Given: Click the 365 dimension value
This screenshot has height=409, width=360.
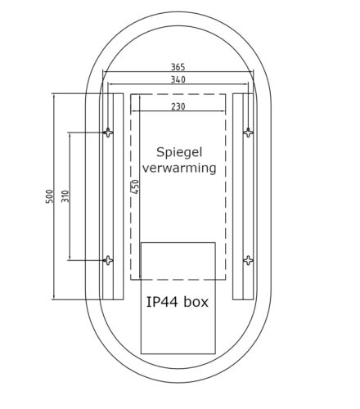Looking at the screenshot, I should click(178, 67).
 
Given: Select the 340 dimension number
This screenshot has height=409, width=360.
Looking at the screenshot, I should click(178, 79).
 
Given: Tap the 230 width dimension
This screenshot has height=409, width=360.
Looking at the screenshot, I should click(178, 106).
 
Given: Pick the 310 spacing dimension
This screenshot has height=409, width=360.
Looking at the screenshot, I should click(65, 196).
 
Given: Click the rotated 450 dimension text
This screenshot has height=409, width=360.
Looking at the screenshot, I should click(135, 187).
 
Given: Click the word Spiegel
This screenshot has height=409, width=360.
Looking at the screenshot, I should click(179, 153).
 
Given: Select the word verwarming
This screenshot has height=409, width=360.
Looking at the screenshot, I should click(179, 169).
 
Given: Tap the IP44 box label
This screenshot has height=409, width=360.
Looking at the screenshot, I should click(178, 302).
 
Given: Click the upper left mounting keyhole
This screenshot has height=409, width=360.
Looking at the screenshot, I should click(108, 132).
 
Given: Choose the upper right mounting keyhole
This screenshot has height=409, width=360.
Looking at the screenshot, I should click(248, 132).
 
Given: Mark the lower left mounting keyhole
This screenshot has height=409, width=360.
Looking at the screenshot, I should click(108, 260).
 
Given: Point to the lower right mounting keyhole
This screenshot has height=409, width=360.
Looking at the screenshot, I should click(248, 260).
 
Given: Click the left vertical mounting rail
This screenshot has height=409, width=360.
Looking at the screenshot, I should click(107, 196).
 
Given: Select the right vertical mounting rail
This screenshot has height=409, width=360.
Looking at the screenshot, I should click(248, 196).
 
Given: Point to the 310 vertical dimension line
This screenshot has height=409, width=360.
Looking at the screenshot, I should click(70, 229).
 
